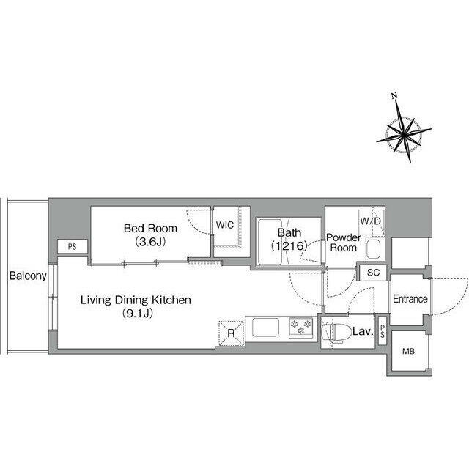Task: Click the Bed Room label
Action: pos(150,229)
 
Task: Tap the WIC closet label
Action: pos(225,225)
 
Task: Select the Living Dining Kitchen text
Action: pos(136,300)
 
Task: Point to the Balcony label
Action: pos(28,276)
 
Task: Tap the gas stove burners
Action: pos(301,328)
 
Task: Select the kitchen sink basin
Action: pos(265,328)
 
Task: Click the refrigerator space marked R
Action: pos(232,333)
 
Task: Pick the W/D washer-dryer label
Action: pos(371,221)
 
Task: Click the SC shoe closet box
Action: pos(373,273)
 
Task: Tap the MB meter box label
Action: pos(408,351)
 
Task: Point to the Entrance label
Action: pos(410,298)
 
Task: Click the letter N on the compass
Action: pos(394,96)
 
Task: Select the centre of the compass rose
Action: pos(404,136)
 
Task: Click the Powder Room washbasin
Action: pos(373,249)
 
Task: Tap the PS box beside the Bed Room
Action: pos(73,247)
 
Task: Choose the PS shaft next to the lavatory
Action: pos(383,331)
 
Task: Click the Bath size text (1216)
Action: pos(289,246)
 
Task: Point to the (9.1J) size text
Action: pos(138,314)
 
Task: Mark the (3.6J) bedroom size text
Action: pos(150,242)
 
